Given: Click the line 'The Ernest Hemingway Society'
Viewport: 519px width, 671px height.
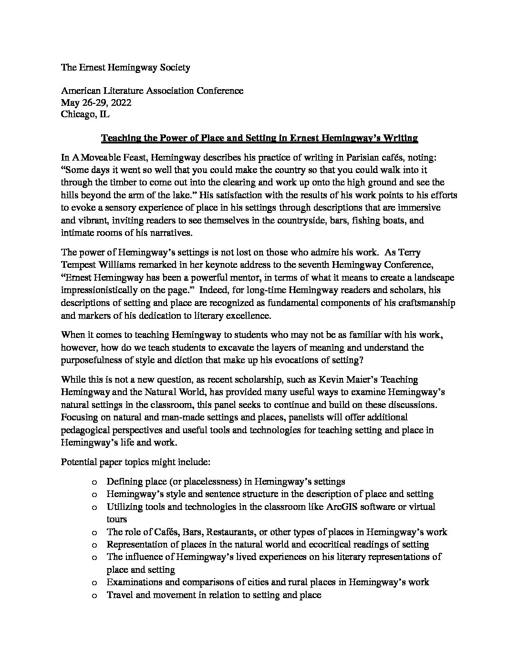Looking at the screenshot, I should [125, 67].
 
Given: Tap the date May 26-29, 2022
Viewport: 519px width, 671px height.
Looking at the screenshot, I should [96, 102].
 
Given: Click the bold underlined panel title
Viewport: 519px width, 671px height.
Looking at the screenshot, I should [259, 138].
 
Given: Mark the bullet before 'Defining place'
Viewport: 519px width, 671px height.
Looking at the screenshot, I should [94, 482].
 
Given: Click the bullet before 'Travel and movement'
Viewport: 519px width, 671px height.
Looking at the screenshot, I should [94, 595].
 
